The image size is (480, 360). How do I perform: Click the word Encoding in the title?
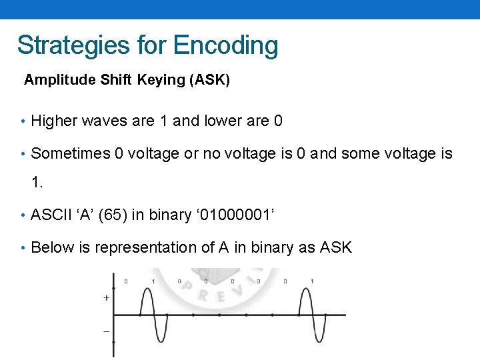click(225, 45)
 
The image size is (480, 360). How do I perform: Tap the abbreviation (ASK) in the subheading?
click(209, 80)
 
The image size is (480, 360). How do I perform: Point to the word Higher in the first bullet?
click(54, 121)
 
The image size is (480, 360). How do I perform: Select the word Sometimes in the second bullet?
click(71, 154)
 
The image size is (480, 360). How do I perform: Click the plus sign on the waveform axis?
click(107, 298)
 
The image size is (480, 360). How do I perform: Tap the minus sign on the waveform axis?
click(107, 331)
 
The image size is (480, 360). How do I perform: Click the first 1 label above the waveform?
click(153, 282)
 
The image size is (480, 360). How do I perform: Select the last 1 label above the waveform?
click(312, 282)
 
